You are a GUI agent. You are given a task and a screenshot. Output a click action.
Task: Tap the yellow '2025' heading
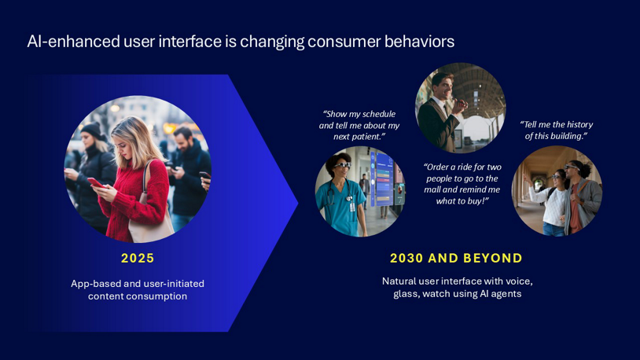(x=138, y=258)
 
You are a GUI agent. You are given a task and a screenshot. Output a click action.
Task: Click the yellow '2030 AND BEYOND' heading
(x=456, y=258)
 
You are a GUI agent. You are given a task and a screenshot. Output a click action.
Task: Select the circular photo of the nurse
(x=360, y=191)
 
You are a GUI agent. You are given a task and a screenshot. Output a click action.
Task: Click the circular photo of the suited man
(x=460, y=108)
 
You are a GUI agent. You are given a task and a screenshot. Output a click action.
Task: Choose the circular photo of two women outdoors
(x=557, y=191)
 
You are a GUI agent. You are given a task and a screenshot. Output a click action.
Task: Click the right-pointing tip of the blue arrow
(x=297, y=204)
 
